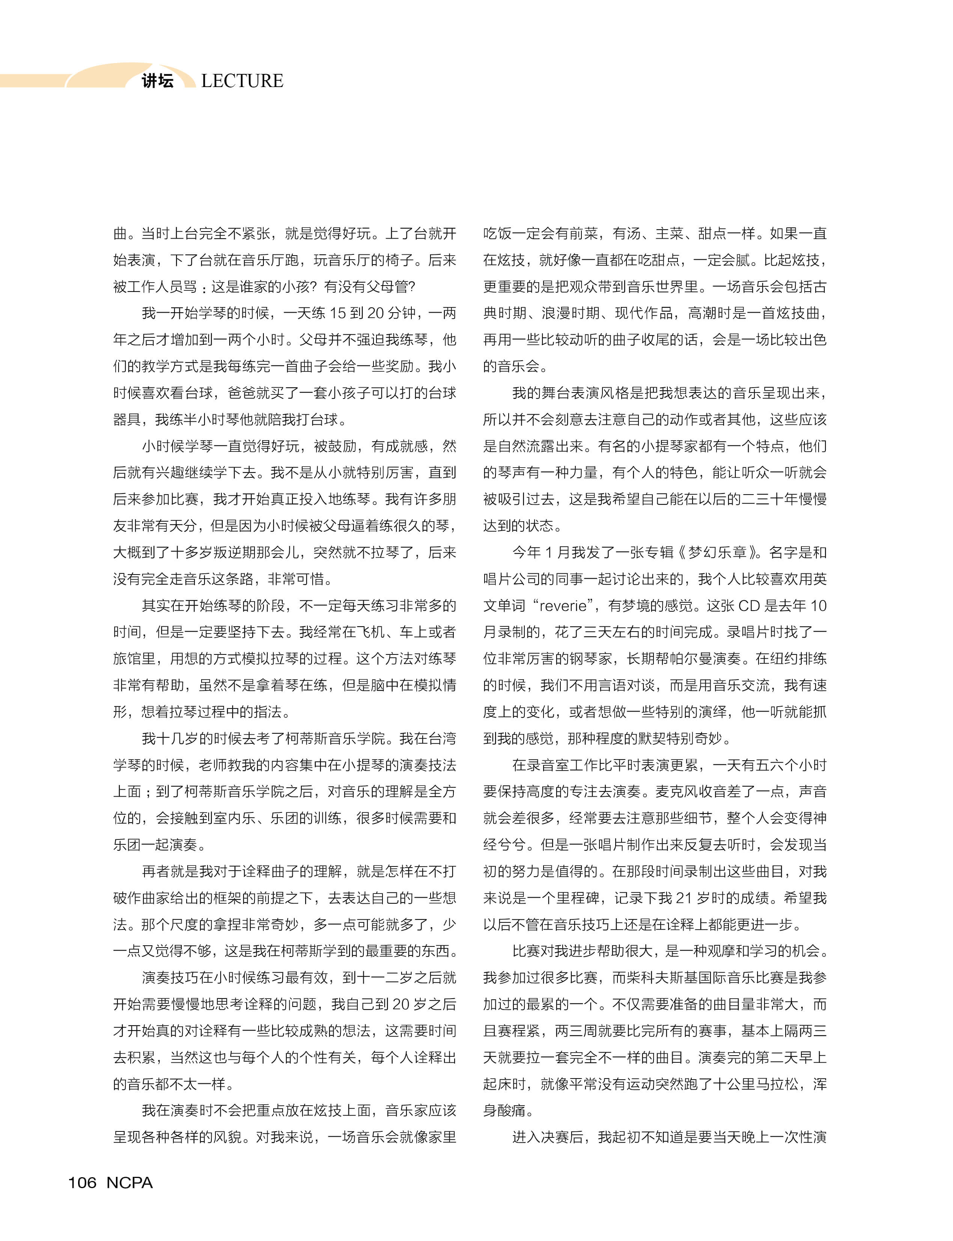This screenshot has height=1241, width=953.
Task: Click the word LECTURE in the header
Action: tap(242, 81)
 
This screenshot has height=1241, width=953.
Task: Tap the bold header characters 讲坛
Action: tap(157, 81)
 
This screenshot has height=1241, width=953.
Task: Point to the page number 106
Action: tap(82, 1183)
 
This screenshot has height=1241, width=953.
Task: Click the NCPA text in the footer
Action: tap(129, 1183)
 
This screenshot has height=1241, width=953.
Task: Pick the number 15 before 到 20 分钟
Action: tap(337, 313)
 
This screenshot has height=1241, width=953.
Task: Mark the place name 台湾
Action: tap(442, 739)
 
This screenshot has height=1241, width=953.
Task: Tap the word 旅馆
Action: tap(127, 659)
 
